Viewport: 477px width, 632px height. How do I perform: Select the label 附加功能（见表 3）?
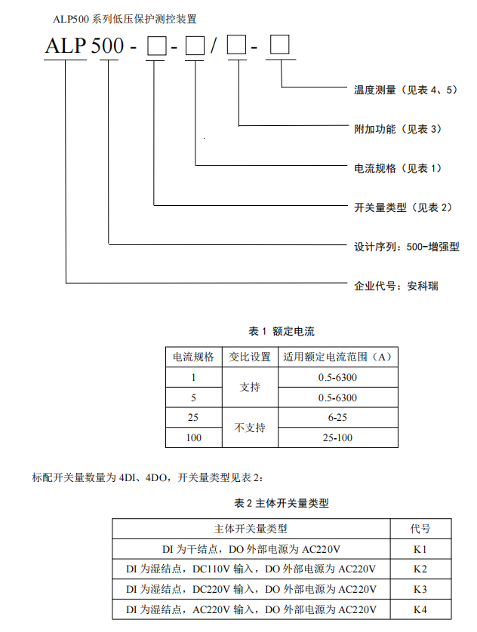(x=398, y=128)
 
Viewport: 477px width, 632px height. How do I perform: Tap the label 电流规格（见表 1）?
(x=398, y=167)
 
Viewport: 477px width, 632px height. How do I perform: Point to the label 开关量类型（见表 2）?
(x=403, y=207)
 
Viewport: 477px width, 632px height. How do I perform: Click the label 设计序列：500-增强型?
(x=407, y=246)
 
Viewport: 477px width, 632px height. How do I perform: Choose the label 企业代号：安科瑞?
(x=396, y=286)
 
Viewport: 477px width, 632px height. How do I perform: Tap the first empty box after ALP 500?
(x=155, y=48)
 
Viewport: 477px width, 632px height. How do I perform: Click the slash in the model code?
(x=214, y=47)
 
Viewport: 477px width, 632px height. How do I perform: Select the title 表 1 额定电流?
(x=282, y=331)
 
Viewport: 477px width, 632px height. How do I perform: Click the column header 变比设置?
(x=250, y=357)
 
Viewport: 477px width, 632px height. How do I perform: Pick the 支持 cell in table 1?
(x=250, y=387)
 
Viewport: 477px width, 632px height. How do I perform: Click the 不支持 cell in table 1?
(x=250, y=427)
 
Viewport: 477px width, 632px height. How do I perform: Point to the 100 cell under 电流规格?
(x=193, y=437)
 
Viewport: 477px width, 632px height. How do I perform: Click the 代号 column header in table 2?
(x=420, y=529)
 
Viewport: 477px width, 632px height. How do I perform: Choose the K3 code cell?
(x=420, y=589)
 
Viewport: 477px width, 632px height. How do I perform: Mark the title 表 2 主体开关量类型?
(x=282, y=502)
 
